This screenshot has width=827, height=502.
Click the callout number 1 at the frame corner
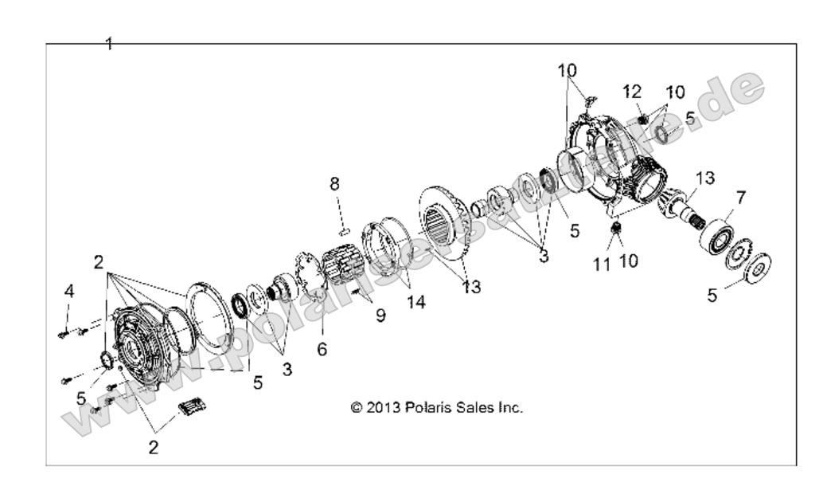tap(109, 44)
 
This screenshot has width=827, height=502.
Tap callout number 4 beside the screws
tap(69, 291)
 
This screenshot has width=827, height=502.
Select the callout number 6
tap(322, 348)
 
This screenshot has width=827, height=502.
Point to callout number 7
tap(740, 196)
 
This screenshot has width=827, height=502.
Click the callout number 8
tap(335, 184)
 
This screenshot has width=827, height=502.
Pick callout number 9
tap(380, 315)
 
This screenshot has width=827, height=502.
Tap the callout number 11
tap(603, 264)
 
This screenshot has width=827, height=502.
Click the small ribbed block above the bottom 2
tap(193, 406)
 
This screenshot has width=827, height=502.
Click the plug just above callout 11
tap(614, 230)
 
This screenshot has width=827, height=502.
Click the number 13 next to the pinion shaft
tap(704, 177)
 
